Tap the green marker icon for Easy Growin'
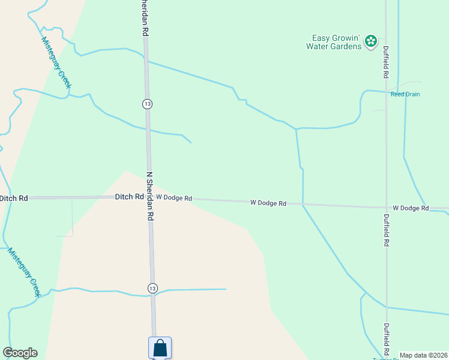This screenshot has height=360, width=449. pos(371,41)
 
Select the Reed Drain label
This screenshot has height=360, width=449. pos(405,94)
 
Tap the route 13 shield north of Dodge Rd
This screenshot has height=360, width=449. pos(147,104)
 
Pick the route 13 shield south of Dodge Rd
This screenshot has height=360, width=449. pos(153,289)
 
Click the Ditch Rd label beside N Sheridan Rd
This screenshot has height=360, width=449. pos(129,197)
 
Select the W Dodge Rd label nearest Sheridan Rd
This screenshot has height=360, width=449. pos(174,197)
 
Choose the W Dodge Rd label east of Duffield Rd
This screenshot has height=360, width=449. pos(411,208)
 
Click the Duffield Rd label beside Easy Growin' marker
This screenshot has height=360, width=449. pos(387,63)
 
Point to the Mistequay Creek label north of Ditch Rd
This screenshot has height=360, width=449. pos(56,63)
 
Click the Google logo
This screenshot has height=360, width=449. pos(20,353)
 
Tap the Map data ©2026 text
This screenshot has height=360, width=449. pos(423,355)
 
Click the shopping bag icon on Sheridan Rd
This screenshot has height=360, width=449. pos(160,347)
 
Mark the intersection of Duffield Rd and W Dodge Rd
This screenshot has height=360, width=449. pos(387,208)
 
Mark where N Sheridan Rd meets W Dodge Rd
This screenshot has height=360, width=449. pos(149,197)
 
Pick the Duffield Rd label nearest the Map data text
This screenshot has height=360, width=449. pos(387,340)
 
